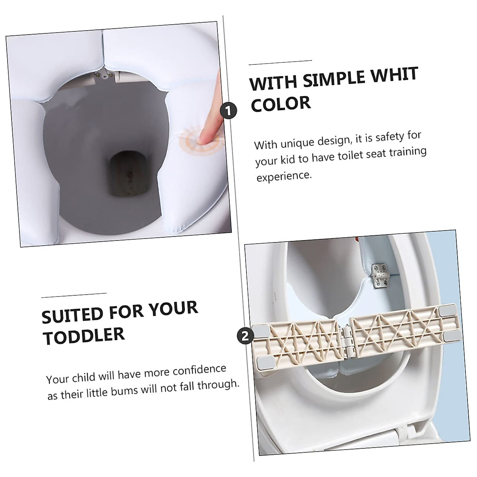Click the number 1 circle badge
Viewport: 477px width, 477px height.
coord(228,111)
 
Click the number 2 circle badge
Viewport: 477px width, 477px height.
coord(245,336)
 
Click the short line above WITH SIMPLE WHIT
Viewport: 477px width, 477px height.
coord(280,62)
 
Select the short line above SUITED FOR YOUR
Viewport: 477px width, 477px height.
coord(74,295)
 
